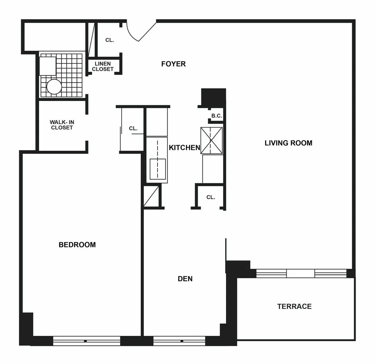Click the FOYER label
[x=173, y=64]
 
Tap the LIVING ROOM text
[x=288, y=143]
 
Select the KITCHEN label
[x=184, y=148]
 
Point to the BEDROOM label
[x=77, y=245]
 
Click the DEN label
[x=185, y=279]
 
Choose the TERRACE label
[x=294, y=306]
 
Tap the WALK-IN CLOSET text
[x=62, y=125]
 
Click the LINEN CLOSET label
[x=103, y=66]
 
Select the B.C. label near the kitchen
[x=217, y=116]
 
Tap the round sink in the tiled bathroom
[x=54, y=87]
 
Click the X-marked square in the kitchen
[x=211, y=140]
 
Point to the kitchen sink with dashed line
[x=157, y=169]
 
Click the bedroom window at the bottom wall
[x=86, y=341]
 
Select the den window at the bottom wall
[x=179, y=341]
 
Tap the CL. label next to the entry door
[x=109, y=40]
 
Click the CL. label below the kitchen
[x=211, y=197]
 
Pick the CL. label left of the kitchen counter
[x=133, y=129]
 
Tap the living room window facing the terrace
[x=301, y=273]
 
